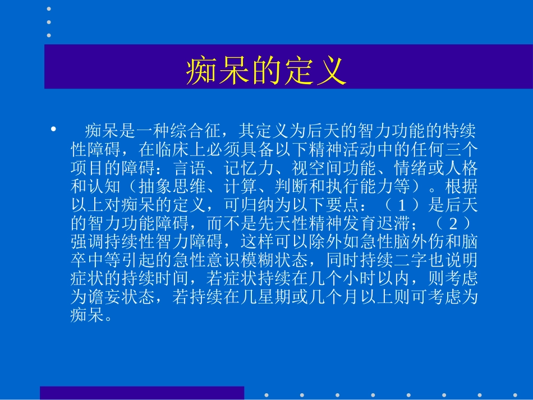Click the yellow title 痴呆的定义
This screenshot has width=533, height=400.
[265, 71]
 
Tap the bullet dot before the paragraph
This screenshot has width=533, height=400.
[53, 130]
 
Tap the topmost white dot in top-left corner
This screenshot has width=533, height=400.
[49, 9]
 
